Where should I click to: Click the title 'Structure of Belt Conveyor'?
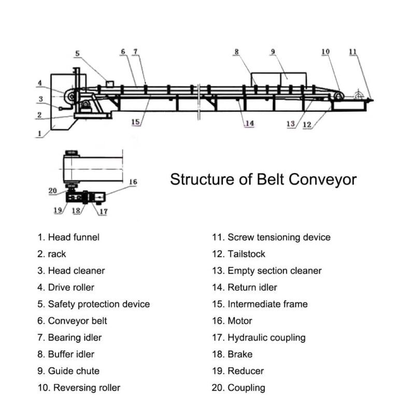[263, 180]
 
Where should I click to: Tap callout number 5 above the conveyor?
[77, 53]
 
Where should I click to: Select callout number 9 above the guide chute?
[273, 52]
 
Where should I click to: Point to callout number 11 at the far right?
[352, 52]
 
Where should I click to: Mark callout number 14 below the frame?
[249, 123]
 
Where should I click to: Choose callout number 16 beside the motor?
[133, 182]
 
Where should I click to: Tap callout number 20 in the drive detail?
[53, 191]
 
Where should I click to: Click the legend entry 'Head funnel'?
[68, 237]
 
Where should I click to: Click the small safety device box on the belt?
[109, 83]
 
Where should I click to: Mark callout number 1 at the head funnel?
[39, 133]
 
